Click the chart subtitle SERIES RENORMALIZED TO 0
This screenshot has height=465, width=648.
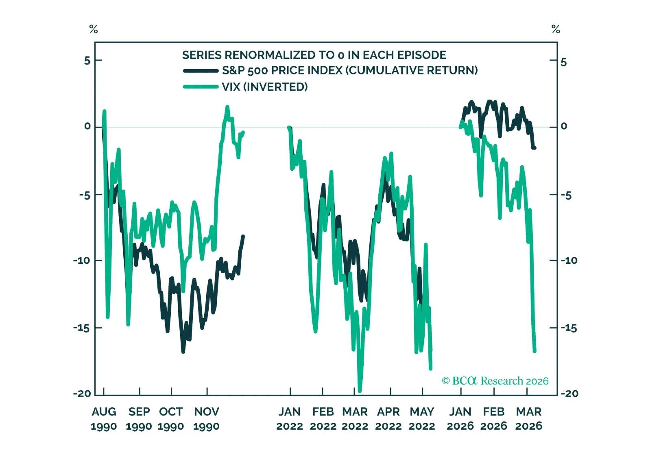pos(314,55)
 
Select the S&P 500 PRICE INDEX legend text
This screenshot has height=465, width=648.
pos(349,70)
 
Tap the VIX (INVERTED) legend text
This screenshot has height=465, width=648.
pos(264,87)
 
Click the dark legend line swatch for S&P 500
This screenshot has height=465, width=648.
pos(201,71)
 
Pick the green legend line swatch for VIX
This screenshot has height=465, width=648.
pos(201,87)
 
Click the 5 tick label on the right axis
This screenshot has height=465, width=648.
pos(563,62)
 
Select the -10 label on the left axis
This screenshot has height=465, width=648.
pos(82,260)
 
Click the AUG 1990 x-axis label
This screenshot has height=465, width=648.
pos(104,419)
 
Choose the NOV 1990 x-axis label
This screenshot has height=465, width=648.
pos(206,419)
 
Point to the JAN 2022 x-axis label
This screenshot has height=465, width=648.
pos(289,419)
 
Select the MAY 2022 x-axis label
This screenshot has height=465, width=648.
pos(422,419)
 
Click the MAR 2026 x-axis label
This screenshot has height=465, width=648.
pos(528,419)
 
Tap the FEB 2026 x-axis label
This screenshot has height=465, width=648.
pos(493,419)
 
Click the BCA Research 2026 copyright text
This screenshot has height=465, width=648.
pos(495,381)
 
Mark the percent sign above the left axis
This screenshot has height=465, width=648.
pos(94,29)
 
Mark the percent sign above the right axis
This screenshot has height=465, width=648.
pos(556,29)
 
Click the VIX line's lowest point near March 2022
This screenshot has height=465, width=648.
pos(360,391)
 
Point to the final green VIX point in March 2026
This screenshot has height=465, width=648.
pos(535,351)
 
